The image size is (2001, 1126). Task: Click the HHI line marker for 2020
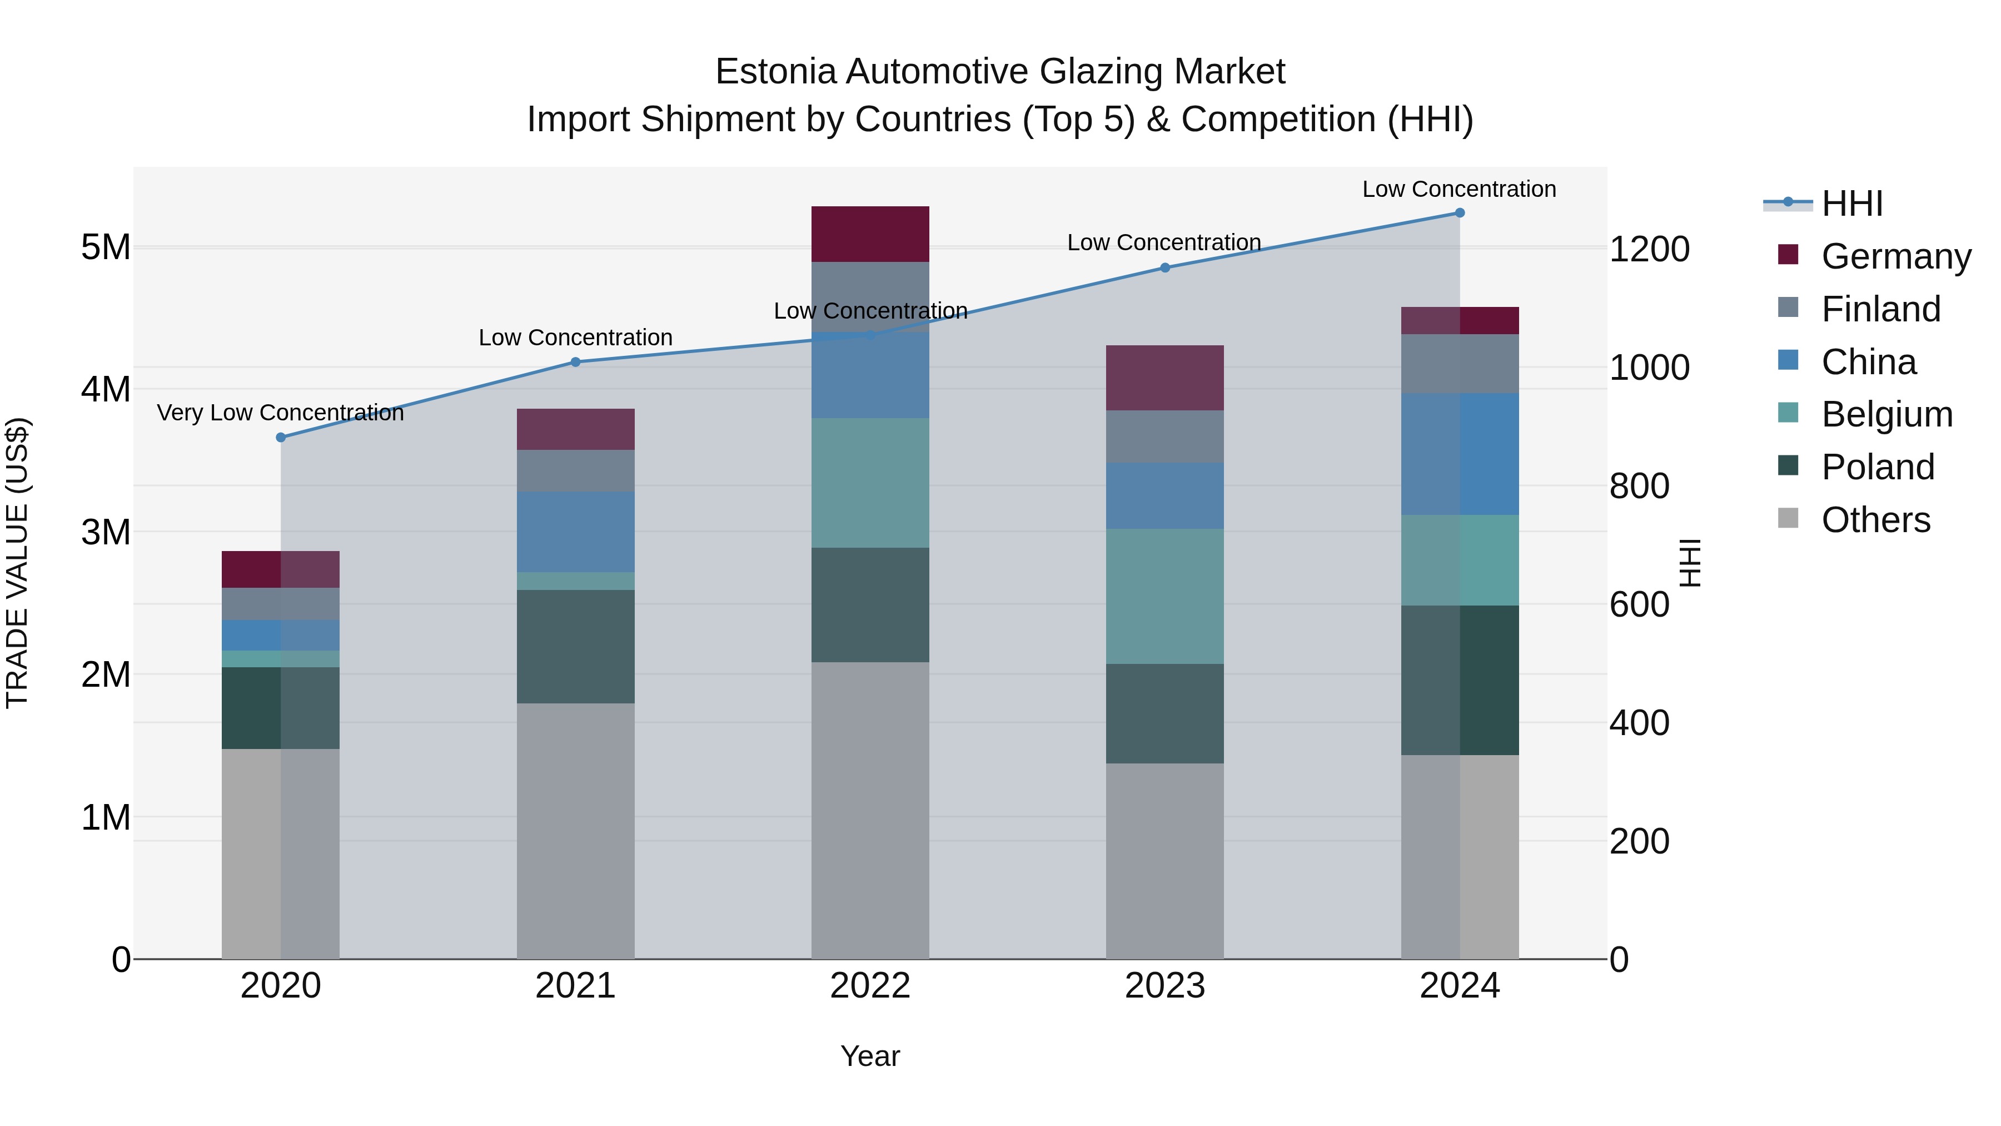[x=281, y=438]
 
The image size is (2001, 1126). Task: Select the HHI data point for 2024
[x=1460, y=213]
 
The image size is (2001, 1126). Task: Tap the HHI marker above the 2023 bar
[x=1164, y=268]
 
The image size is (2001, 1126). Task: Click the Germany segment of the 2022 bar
[x=870, y=234]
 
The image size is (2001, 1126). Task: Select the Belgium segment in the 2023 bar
[x=1164, y=596]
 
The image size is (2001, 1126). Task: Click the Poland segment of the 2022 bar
[x=870, y=604]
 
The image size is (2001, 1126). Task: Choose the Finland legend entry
[x=1880, y=309]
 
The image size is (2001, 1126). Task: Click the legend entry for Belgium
[x=1886, y=414]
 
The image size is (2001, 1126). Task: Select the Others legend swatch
[x=1788, y=518]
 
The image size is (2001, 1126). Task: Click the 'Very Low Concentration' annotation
[x=281, y=413]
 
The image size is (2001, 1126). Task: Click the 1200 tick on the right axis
[x=1649, y=250]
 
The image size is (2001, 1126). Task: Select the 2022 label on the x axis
[x=870, y=986]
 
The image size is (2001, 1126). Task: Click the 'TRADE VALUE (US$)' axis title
[x=17, y=563]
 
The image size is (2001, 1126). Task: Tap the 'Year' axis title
[x=870, y=1056]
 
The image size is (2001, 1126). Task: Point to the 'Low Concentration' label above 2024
[x=1459, y=189]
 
